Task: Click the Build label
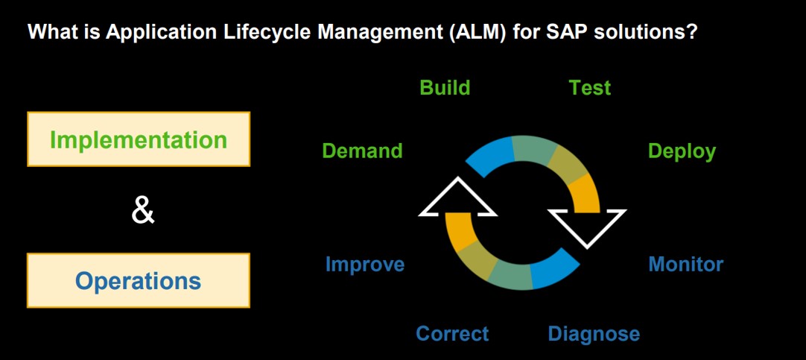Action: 445,88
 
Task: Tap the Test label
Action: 589,88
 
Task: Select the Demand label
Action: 362,151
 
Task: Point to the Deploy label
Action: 682,152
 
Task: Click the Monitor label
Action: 686,265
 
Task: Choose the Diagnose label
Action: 594,334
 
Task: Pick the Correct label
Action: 452,334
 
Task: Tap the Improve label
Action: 365,265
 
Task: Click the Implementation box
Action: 139,139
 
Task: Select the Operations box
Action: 139,280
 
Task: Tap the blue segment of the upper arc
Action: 491,155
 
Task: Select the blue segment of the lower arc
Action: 554,271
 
